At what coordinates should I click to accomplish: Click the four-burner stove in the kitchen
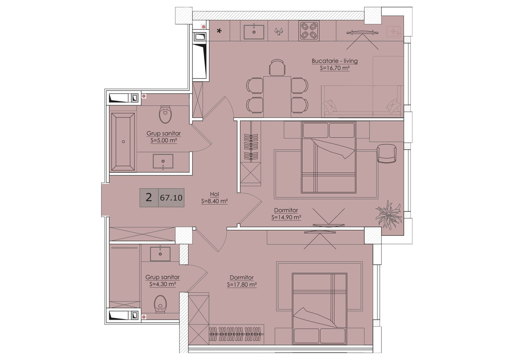click(x=308, y=31)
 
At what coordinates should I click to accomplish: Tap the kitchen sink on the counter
click(x=254, y=32)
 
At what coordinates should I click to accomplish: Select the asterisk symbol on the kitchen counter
click(x=219, y=31)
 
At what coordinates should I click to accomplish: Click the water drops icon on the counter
click(x=278, y=31)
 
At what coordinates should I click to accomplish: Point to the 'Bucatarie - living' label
click(x=334, y=61)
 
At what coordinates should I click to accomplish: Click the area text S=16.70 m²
click(x=335, y=68)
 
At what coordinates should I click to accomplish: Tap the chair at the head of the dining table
click(x=277, y=67)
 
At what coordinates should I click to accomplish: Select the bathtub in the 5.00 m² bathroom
click(x=123, y=141)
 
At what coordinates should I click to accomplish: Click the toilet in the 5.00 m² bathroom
click(x=165, y=114)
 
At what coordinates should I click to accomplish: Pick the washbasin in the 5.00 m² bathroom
click(x=163, y=161)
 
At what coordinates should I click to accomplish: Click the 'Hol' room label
click(x=214, y=194)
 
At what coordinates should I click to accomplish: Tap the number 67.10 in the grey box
click(x=171, y=198)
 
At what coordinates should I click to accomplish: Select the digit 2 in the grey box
click(x=149, y=197)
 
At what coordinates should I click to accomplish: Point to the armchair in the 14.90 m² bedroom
click(x=386, y=153)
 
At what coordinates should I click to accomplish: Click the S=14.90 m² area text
click(x=286, y=217)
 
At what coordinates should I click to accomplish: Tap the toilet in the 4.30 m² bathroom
click(x=160, y=304)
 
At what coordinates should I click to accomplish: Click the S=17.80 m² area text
click(x=242, y=284)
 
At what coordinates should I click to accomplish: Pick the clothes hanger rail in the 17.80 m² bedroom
click(x=235, y=334)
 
